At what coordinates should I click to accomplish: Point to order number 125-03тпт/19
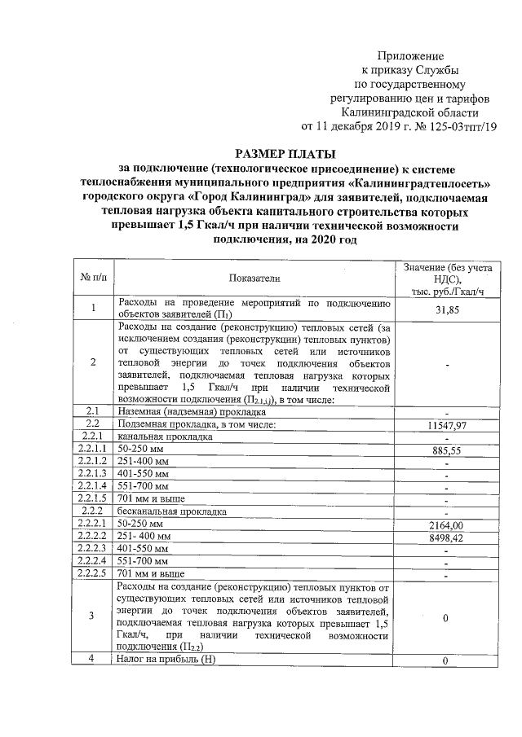pos(456,126)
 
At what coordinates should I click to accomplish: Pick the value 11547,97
pos(445,424)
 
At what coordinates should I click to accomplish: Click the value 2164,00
pos(445,525)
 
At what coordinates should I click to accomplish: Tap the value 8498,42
pos(445,537)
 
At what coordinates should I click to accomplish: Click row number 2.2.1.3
pos(91,473)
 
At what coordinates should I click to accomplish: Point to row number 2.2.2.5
pos(91,574)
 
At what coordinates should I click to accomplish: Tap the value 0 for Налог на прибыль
pos(445,660)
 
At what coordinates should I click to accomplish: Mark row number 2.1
pos(92,411)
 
